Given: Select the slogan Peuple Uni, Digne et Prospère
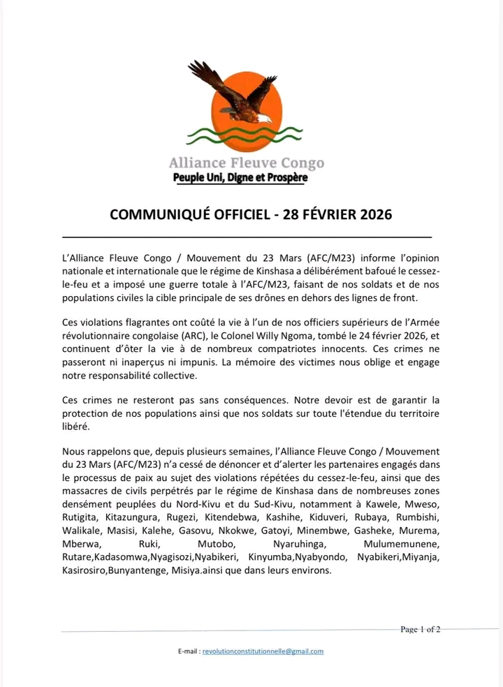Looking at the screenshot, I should [240, 178].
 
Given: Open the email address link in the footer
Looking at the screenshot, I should [263, 651].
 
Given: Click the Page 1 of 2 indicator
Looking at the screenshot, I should [420, 629].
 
